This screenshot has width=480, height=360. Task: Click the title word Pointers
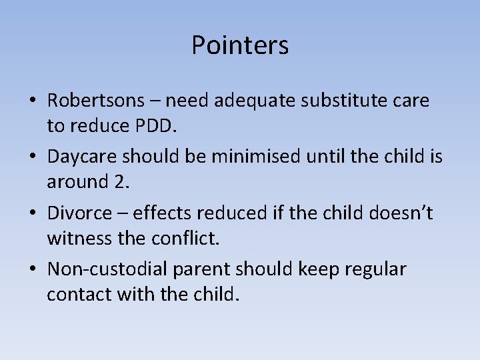coord(240,45)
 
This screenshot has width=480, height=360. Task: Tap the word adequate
coord(258,101)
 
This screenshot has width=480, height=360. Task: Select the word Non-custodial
coord(109,269)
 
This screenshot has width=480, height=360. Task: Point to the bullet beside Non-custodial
coord(32,270)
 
